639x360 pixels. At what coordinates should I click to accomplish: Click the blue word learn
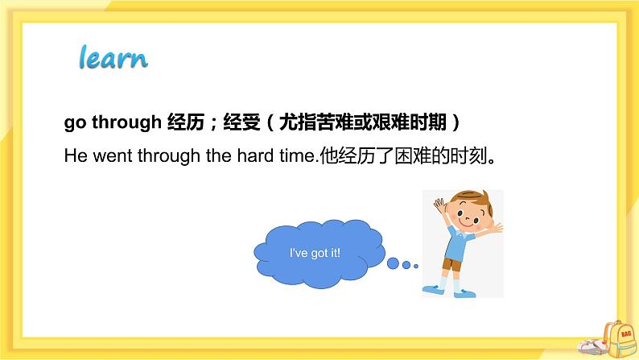113,57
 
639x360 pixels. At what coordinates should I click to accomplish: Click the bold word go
75,122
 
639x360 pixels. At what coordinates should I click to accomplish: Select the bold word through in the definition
126,122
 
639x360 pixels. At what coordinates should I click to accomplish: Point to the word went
113,156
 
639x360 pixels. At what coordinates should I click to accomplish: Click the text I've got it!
315,253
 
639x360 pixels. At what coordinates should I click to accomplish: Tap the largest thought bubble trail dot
393,263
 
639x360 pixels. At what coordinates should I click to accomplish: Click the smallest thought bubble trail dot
416,267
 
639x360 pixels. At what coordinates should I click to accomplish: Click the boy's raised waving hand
439,204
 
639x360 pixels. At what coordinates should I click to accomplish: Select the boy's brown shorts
451,265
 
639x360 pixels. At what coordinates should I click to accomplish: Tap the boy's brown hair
472,199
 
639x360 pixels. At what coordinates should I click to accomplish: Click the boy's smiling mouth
468,222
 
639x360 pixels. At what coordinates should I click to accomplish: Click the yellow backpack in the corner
619,339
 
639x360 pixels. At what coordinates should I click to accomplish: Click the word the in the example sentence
219,155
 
